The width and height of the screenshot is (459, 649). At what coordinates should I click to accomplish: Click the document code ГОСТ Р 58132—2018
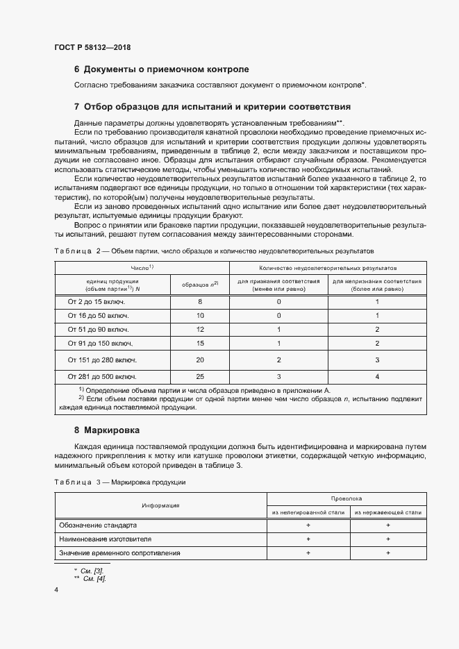pos(92,47)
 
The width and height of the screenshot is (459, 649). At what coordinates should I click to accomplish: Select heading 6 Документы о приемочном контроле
pos(161,69)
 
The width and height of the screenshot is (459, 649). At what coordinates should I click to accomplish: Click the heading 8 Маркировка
pos(107,430)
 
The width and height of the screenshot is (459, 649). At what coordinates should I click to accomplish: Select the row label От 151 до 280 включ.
pos(102,360)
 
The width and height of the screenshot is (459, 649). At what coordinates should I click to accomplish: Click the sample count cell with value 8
pos(200,302)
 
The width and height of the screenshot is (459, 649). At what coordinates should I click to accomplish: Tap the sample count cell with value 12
pos(200,329)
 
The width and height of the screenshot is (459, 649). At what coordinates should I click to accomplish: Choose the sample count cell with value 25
pos(200,376)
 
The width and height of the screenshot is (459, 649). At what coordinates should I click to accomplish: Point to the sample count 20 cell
pos(200,360)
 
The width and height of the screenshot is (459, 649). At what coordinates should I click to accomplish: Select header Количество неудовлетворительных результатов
pos(328,267)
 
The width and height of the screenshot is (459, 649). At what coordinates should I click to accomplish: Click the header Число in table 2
pos(142,267)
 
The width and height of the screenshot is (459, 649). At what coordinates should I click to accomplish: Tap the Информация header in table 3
pos(161,505)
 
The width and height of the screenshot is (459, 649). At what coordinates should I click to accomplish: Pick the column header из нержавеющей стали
pos(387,512)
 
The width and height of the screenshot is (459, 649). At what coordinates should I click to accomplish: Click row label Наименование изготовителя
pos(105,539)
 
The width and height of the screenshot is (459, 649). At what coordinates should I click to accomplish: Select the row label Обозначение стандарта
pos(99,525)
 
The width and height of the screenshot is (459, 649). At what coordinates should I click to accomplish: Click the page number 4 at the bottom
pos(56,589)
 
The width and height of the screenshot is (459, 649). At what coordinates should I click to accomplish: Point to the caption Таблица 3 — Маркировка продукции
pos(119,482)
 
